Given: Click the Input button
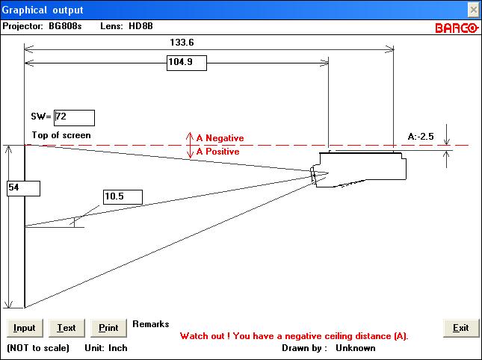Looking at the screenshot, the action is coord(25,328).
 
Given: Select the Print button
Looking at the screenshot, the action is coord(108,328).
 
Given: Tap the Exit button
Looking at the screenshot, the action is coord(461,328).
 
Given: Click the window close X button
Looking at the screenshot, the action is coord(473,10).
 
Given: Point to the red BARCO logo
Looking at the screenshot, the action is coord(457,28).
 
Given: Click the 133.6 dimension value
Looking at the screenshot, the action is coord(182,43).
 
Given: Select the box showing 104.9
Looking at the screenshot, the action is coord(187,63).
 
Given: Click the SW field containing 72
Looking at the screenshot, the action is coord(74,118).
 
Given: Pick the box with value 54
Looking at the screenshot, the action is coord(23,188).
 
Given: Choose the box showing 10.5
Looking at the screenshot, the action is coord(123,197).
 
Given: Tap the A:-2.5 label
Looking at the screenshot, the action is coord(421,137).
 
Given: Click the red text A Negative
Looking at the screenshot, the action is coord(220,138).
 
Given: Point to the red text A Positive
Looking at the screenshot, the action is coord(217,152).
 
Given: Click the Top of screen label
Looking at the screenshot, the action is coord(61,135).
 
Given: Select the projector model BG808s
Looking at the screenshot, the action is coord(65,26).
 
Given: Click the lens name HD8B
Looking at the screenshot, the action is coord(140,26).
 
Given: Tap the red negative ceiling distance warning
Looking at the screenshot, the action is coord(294,336).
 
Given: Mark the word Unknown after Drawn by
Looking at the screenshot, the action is coord(356,348).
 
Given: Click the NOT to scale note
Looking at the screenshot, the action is coord(38,348).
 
